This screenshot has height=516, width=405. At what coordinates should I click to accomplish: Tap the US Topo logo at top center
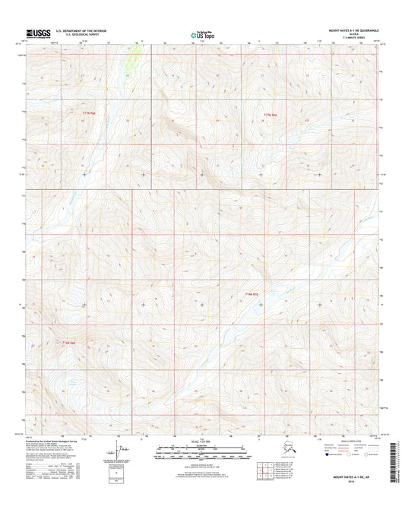[201, 33]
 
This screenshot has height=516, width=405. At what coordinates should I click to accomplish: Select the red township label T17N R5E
[271, 114]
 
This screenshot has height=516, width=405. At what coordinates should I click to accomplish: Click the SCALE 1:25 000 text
[201, 442]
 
